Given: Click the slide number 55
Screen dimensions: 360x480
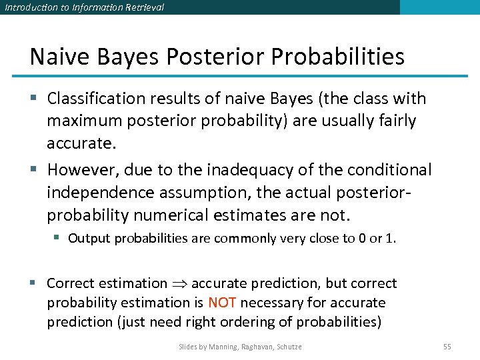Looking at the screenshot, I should coord(447,347).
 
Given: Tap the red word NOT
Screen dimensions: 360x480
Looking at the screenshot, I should coord(222,303).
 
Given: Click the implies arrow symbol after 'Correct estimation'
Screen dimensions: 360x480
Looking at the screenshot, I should coord(179,284).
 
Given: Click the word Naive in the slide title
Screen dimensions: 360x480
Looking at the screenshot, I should coord(55,57).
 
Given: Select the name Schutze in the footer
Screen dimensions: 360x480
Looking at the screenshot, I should coord(287,347).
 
